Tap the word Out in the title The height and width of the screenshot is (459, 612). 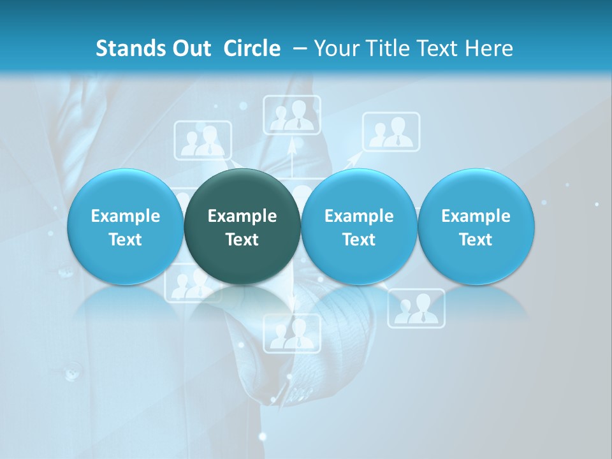190,48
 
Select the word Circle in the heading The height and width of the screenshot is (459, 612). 252,48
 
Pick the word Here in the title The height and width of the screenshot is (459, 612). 490,48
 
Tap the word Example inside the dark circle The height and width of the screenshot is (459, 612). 242,216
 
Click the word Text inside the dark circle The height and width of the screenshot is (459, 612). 242,240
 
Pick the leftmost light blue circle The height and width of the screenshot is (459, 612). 125,227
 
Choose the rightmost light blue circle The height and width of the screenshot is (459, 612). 476,227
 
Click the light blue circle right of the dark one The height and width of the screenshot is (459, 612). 359,227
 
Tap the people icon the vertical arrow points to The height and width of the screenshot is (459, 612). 292,115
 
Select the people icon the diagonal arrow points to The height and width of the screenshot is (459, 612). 391,132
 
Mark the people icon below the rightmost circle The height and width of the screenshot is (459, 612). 416,309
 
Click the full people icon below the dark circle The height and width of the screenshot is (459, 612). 292,333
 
